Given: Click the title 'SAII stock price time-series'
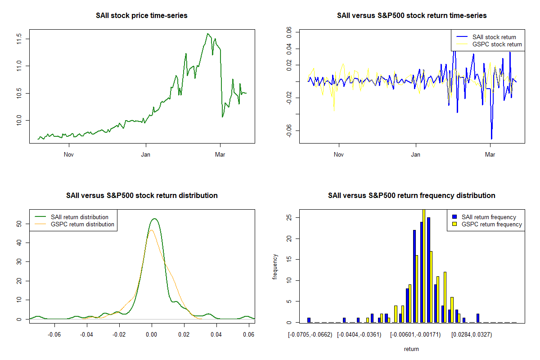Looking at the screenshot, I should click(142, 16).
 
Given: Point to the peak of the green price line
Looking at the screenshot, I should click(207, 34).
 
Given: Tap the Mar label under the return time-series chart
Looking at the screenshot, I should click(490, 155).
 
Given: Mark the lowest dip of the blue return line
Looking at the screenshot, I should click(491, 139).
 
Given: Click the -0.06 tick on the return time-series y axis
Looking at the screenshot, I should click(288, 130).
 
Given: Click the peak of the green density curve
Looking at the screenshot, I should click(154, 219).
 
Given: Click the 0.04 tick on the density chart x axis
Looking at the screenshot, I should click(216, 334).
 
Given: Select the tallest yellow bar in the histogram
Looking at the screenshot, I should click(423, 265).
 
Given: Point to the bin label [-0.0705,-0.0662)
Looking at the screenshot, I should click(309, 334).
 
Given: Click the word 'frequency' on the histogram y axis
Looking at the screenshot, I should click(275, 267).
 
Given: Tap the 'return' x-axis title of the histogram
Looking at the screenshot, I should click(411, 349).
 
